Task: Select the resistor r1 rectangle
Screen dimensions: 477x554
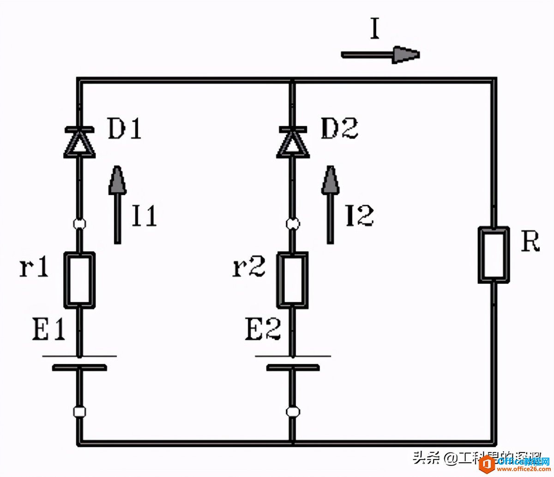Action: [x=79, y=279]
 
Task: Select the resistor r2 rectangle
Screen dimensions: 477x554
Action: [x=292, y=279]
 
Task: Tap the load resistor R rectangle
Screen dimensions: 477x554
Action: [x=494, y=254]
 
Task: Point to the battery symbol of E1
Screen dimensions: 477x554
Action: [x=79, y=362]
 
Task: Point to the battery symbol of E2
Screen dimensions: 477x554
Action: [x=292, y=362]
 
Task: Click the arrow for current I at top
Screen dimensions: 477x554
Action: [x=380, y=54]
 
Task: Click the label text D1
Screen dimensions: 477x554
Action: [x=124, y=129]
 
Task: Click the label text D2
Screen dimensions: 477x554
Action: [x=339, y=129]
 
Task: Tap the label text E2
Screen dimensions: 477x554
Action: [x=263, y=329]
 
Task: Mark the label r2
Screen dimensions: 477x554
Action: [x=249, y=267]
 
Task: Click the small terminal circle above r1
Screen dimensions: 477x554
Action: [x=79, y=224]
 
